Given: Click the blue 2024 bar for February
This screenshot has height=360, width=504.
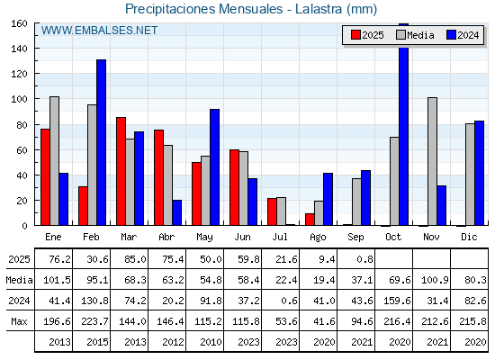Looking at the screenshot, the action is (x=101, y=142).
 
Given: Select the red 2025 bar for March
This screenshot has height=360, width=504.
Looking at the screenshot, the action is (x=121, y=171).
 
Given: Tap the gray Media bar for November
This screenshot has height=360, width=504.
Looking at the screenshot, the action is (x=432, y=161).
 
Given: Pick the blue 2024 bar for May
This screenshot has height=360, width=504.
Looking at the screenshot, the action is (x=214, y=167).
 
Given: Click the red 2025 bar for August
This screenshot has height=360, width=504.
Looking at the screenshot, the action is (x=310, y=220).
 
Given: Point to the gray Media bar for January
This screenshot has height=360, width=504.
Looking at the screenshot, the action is (x=54, y=161).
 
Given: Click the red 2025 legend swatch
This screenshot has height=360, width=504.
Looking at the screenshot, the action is (x=355, y=35).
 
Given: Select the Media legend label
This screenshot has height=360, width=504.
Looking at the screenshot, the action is (x=420, y=35).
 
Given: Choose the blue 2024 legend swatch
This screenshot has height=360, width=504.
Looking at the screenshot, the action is (x=451, y=35).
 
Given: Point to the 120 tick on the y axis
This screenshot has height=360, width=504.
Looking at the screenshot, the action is (x=19, y=74).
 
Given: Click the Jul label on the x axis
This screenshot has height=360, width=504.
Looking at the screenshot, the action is (x=280, y=237).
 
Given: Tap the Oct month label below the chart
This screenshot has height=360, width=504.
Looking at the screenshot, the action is (x=393, y=237).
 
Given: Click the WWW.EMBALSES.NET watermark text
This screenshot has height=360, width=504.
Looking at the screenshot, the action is (x=99, y=31).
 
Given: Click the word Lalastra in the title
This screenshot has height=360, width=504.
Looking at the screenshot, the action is (x=319, y=9).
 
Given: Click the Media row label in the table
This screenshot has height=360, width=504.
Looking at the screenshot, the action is (x=19, y=280).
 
